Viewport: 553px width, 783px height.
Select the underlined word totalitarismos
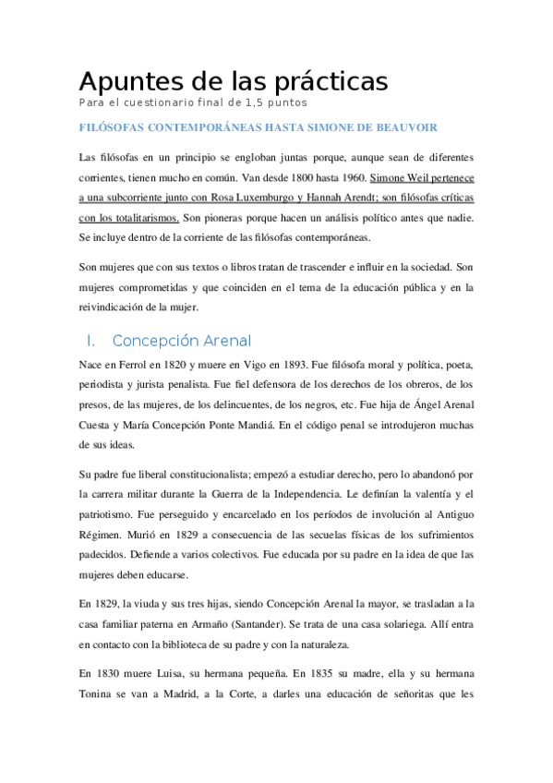138,219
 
